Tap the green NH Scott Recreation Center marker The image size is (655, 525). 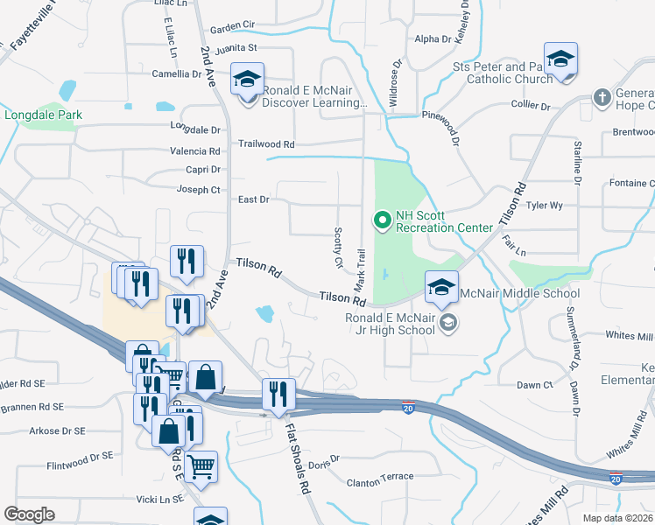click(382, 221)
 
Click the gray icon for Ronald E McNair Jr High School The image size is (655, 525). click(448, 324)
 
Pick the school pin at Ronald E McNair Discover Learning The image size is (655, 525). click(247, 80)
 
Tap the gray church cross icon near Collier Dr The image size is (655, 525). click(602, 96)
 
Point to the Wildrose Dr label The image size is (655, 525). click(395, 86)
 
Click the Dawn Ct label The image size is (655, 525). click(534, 385)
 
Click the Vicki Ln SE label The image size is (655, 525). click(159, 499)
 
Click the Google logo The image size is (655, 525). click(30, 514)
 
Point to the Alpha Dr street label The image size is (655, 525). click(433, 38)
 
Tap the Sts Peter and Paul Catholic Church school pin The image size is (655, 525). click(560, 61)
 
